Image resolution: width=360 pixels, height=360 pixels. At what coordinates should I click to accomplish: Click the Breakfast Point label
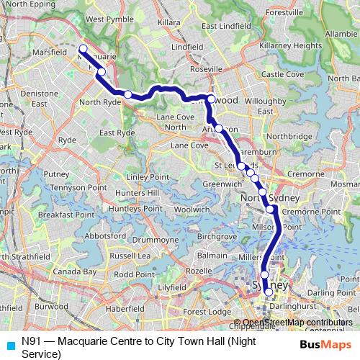coord(66,215)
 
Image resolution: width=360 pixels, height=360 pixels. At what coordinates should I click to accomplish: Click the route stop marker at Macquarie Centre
coord(82,49)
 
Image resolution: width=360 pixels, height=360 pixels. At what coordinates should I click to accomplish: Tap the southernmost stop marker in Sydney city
coord(269,292)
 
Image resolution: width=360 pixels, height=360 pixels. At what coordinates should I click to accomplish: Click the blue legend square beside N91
coord(9,344)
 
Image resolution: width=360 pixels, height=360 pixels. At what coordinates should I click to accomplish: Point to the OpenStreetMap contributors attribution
coord(297,323)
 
